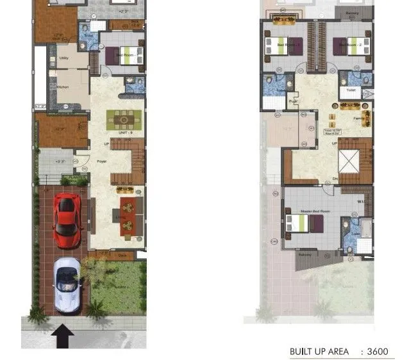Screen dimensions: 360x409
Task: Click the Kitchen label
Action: [x=63, y=87]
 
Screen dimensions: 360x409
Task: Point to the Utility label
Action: [x=64, y=58]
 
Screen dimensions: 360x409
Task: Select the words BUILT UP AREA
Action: [x=319, y=351]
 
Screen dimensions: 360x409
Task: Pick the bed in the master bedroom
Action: [x=305, y=223]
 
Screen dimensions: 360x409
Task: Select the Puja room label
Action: [x=292, y=101]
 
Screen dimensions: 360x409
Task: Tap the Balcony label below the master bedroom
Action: [x=306, y=253]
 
